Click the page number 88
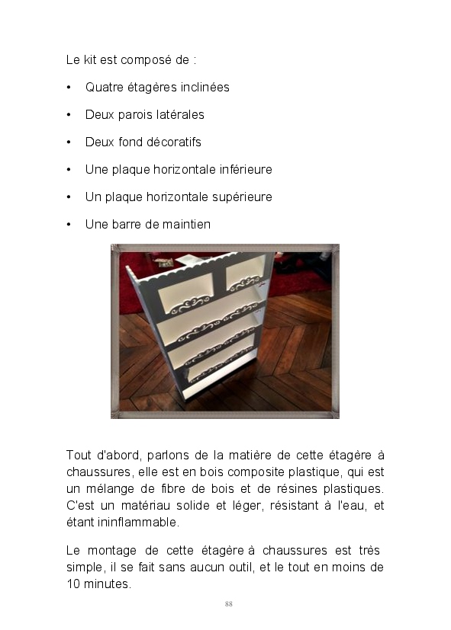click(228, 604)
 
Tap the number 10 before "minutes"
click(73, 584)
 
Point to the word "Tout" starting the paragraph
click(79, 456)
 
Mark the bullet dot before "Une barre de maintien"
click(69, 225)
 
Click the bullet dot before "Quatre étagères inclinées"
click(69, 88)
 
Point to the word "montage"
click(112, 551)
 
